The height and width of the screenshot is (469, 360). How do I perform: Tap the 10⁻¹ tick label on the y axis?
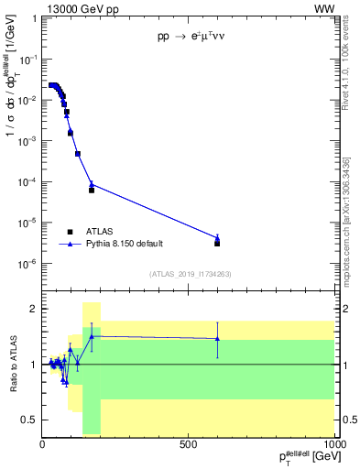click(x=29, y=59)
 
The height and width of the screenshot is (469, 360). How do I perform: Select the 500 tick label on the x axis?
click(x=189, y=444)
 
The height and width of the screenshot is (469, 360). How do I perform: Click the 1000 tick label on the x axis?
click(x=333, y=444)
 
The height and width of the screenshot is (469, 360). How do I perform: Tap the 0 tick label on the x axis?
click(x=43, y=444)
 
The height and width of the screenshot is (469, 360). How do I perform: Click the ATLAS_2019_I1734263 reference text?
click(x=189, y=275)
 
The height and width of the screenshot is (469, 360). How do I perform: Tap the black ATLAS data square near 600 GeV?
click(x=217, y=243)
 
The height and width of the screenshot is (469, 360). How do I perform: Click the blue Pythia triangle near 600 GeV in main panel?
click(x=217, y=237)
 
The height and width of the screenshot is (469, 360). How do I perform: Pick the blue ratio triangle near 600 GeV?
click(x=217, y=338)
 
